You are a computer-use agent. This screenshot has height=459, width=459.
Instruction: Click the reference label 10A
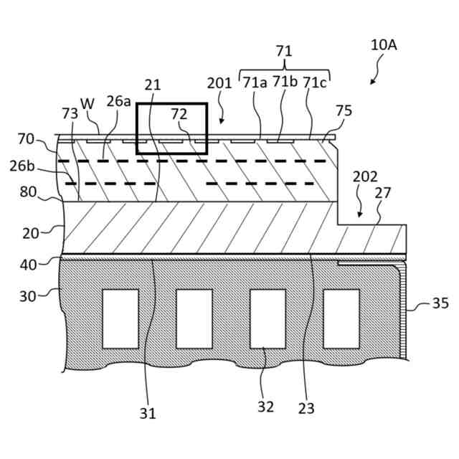click(384, 44)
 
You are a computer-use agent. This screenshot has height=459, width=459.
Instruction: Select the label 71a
click(255, 82)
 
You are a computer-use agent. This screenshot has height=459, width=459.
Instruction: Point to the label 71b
click(285, 82)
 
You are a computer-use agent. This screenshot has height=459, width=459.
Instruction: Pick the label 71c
click(315, 82)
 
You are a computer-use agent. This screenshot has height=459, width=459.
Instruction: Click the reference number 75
click(344, 110)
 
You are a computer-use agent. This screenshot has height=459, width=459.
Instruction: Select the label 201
click(219, 83)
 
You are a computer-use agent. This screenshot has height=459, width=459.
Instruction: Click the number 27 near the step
click(383, 193)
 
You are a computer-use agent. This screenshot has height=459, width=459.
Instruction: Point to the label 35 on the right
click(440, 303)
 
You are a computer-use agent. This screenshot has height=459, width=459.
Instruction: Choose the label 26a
click(119, 102)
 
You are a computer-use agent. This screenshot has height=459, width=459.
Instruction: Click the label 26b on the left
click(22, 166)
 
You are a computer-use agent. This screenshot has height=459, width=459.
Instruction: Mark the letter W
click(87, 104)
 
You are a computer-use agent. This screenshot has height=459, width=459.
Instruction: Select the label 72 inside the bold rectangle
click(179, 114)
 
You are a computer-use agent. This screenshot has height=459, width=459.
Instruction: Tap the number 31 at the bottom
click(148, 413)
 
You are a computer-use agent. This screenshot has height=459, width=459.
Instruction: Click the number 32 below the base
click(265, 407)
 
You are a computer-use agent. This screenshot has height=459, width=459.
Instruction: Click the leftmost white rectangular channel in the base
click(120, 319)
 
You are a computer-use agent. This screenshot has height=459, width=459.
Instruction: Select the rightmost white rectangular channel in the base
click(341, 319)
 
